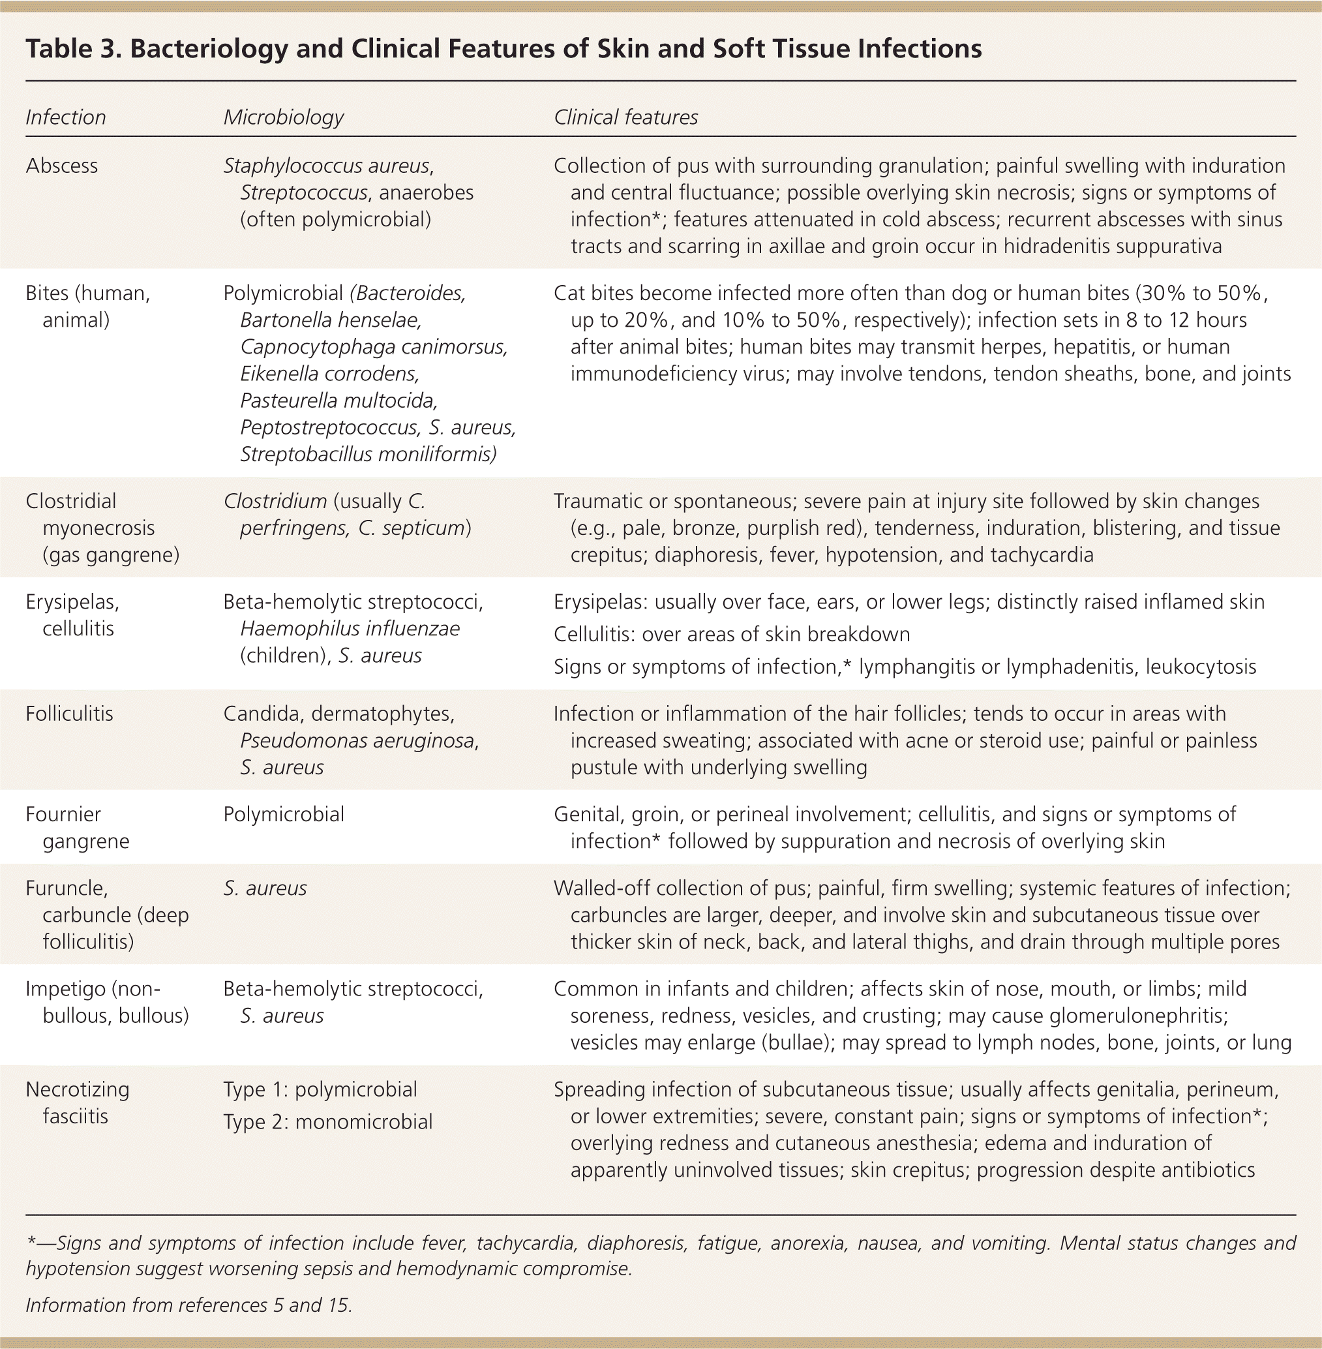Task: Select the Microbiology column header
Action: pos(283,117)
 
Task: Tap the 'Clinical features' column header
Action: pos(625,117)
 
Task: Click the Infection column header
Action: pos(65,117)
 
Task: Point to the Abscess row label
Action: pos(62,166)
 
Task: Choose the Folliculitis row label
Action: pos(69,714)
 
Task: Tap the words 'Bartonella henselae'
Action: pos(331,320)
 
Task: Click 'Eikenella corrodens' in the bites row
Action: pos(330,374)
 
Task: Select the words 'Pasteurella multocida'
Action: pos(339,401)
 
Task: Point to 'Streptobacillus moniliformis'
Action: pos(367,455)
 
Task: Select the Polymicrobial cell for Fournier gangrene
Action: pos(283,814)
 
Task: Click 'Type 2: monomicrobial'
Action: pos(327,1122)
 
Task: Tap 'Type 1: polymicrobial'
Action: pos(320,1090)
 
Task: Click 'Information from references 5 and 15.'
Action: pos(189,1305)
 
